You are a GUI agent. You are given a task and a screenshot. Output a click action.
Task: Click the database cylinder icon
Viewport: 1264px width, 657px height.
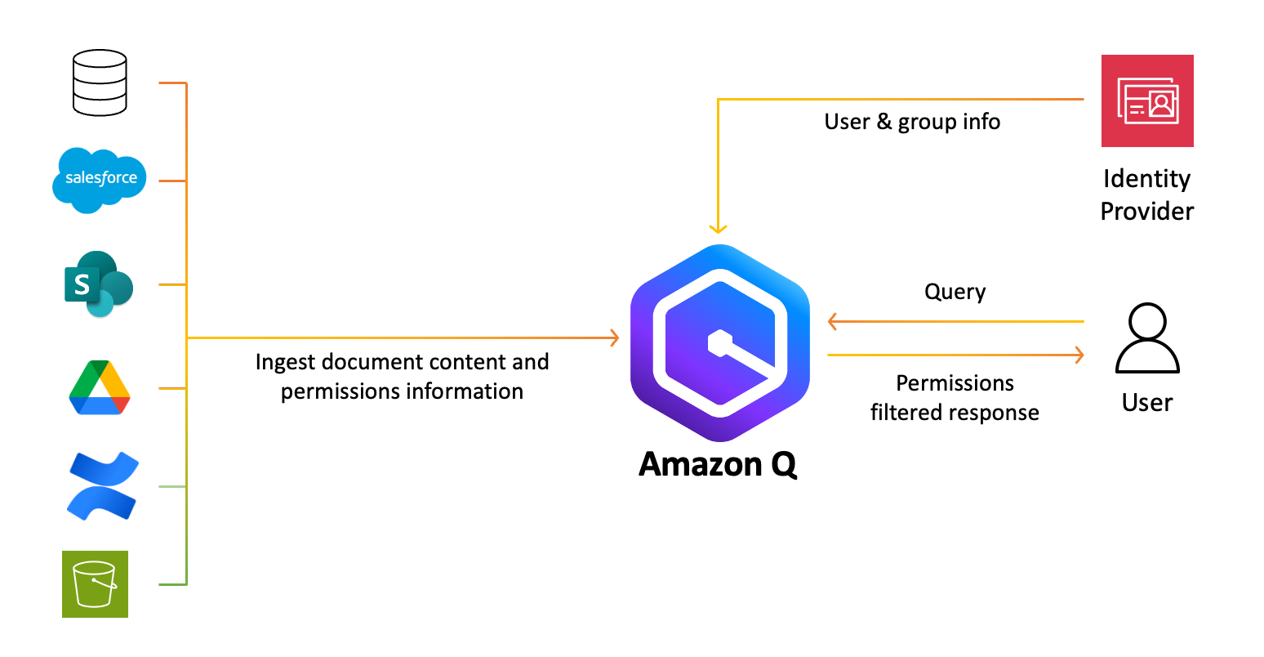pyautogui.click(x=100, y=83)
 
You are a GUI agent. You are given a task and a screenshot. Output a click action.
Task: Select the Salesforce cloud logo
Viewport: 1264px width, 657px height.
pyautogui.click(x=100, y=179)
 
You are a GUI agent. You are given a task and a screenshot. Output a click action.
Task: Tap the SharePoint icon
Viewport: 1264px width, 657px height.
pyautogui.click(x=99, y=284)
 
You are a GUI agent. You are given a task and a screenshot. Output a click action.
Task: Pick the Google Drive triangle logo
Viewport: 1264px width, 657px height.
pyautogui.click(x=100, y=388)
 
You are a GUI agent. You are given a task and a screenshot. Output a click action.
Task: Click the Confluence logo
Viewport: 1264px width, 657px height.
pyautogui.click(x=103, y=486)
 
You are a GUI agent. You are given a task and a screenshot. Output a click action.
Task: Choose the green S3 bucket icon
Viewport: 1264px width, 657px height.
pyautogui.click(x=96, y=584)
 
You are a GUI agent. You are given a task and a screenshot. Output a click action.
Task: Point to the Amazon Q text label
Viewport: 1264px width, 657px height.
pyautogui.click(x=718, y=464)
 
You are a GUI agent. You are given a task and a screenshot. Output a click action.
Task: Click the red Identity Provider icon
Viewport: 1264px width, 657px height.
pyautogui.click(x=1147, y=101)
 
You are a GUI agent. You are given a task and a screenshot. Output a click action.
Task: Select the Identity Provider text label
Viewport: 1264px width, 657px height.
pyautogui.click(x=1146, y=195)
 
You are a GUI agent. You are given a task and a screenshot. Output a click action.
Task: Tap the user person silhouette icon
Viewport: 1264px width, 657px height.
pyautogui.click(x=1147, y=338)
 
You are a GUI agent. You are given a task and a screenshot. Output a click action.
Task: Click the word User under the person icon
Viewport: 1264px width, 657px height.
pyautogui.click(x=1146, y=403)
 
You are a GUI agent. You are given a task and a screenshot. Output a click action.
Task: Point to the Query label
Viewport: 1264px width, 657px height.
pyautogui.click(x=955, y=292)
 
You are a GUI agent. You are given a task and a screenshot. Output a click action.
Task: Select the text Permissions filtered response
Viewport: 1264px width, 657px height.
pyautogui.click(x=955, y=398)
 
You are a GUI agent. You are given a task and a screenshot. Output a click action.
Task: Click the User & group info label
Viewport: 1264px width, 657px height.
pyautogui.click(x=912, y=122)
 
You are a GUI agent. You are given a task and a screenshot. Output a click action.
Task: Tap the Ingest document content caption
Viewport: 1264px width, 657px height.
pyautogui.click(x=402, y=377)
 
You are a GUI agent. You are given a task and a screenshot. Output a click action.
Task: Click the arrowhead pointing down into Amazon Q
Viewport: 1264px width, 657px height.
pyautogui.click(x=718, y=229)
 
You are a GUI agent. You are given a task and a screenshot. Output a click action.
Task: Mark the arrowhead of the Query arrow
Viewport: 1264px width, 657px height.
pyautogui.click(x=833, y=321)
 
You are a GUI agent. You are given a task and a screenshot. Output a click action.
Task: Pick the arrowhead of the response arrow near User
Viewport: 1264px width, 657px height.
pyautogui.click(x=1079, y=355)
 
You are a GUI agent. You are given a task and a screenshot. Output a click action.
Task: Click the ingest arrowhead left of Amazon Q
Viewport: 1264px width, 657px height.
pyautogui.click(x=614, y=337)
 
